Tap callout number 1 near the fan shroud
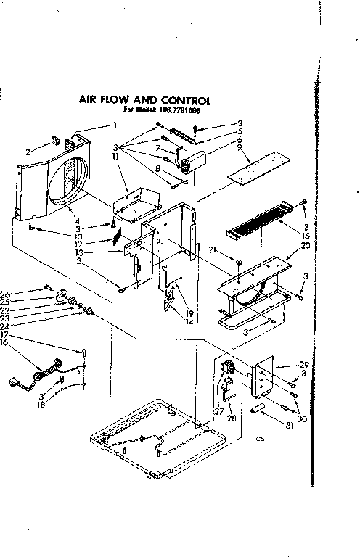pyautogui.click(x=114, y=125)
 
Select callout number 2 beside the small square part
pyautogui.click(x=28, y=152)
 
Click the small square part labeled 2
pyautogui.click(x=54, y=141)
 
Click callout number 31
pyautogui.click(x=290, y=425)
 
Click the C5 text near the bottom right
pyautogui.click(x=260, y=438)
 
